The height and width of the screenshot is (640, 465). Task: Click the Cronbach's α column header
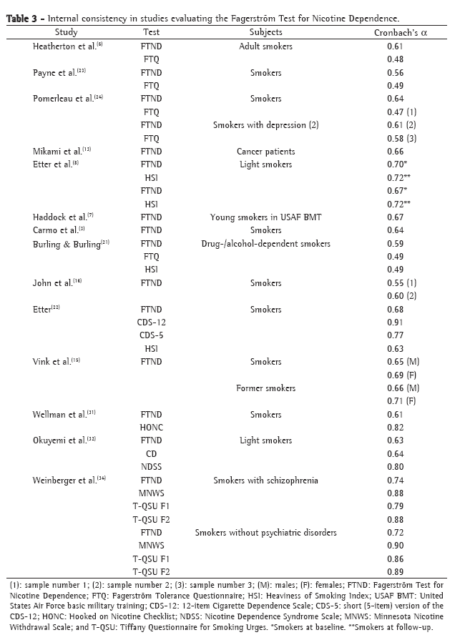[x=401, y=32]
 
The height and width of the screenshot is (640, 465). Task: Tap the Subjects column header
[x=265, y=32]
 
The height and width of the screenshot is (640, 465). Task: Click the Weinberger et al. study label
[x=69, y=481]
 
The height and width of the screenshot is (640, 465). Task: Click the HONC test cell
[x=152, y=428]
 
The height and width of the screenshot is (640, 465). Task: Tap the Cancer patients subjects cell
[x=265, y=152]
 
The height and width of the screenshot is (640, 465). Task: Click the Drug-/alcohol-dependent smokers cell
[x=265, y=244]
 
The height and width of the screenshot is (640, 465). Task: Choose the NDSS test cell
[x=152, y=467]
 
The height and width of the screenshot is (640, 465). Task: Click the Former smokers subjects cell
[x=265, y=388]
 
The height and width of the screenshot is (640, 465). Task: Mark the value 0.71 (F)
[x=401, y=401]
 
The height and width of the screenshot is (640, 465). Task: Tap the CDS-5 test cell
[x=152, y=335]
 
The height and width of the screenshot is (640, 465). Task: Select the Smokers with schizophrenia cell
[x=265, y=481]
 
